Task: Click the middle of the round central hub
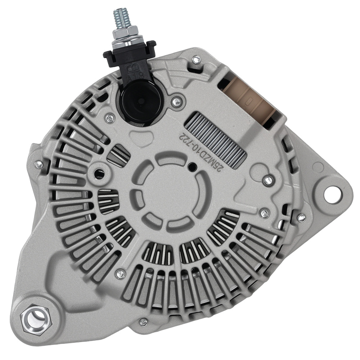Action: coord(171,191)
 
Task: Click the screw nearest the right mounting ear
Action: coord(302,217)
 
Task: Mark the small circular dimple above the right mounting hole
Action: coord(318,166)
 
